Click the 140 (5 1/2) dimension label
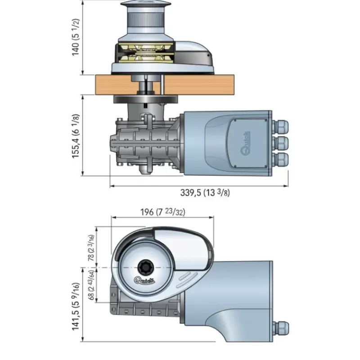(x=76, y=37)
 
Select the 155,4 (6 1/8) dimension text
(x=76, y=136)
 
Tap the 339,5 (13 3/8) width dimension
(x=205, y=193)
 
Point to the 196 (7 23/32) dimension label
(x=162, y=212)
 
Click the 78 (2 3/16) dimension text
(x=91, y=248)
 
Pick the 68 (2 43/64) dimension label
(x=91, y=285)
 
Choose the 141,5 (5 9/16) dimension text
(x=76, y=306)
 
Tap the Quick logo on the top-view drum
(x=144, y=280)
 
